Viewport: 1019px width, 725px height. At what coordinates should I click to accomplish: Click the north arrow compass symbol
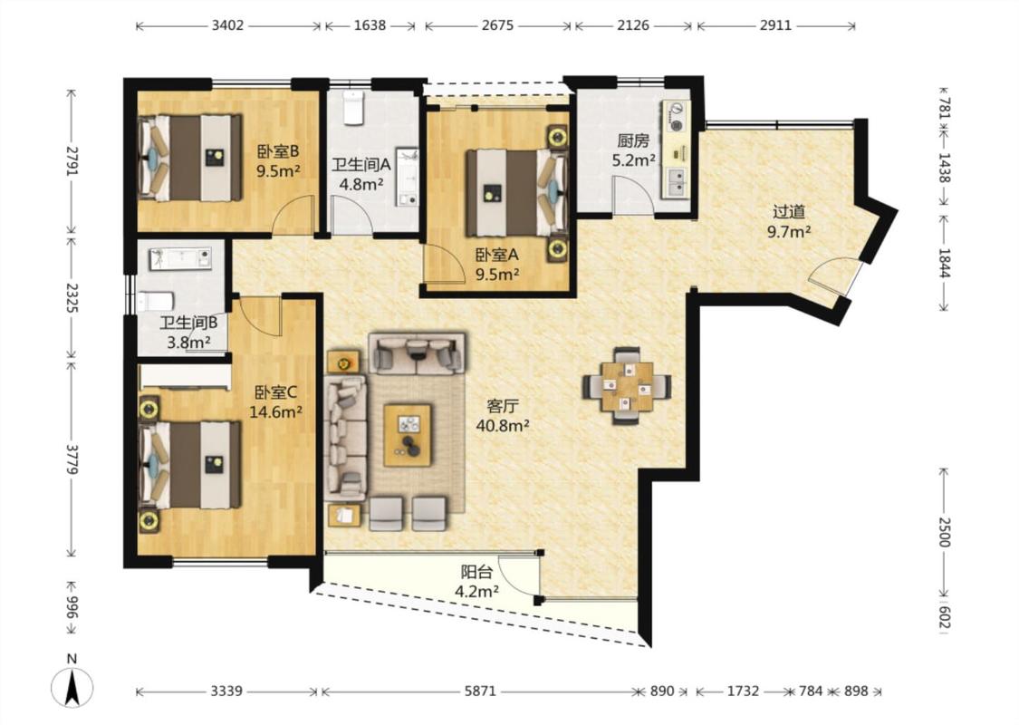[x=72, y=687]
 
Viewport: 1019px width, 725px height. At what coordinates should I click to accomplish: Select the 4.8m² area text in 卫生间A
[x=361, y=184]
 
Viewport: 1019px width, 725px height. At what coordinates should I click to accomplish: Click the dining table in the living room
[x=627, y=386]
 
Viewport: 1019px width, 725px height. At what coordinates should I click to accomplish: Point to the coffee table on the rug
[x=408, y=435]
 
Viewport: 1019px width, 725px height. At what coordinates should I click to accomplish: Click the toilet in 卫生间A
[x=352, y=108]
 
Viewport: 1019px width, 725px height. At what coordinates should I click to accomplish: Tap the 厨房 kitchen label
[x=633, y=140]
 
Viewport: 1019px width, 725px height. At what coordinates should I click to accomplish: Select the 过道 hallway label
[x=789, y=212]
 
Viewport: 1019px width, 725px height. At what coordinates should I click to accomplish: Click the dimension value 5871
[x=480, y=691]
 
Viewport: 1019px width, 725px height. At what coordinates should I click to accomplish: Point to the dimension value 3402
[x=227, y=25]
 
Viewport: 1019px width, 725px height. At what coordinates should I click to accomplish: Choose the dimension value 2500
[x=944, y=532]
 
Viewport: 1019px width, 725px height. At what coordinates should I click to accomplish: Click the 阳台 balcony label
[x=477, y=572]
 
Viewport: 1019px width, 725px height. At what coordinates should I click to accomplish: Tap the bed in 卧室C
[x=189, y=464]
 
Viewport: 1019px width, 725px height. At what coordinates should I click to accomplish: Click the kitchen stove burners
[x=677, y=117]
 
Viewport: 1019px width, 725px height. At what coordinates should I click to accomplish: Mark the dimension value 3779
[x=72, y=459]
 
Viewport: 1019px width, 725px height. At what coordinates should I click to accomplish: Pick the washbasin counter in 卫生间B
[x=181, y=258]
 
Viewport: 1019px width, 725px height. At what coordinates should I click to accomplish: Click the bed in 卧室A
[x=516, y=193]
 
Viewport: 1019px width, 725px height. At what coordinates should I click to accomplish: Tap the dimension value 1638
[x=370, y=25]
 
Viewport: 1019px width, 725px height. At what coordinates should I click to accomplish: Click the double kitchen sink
[x=676, y=182]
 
